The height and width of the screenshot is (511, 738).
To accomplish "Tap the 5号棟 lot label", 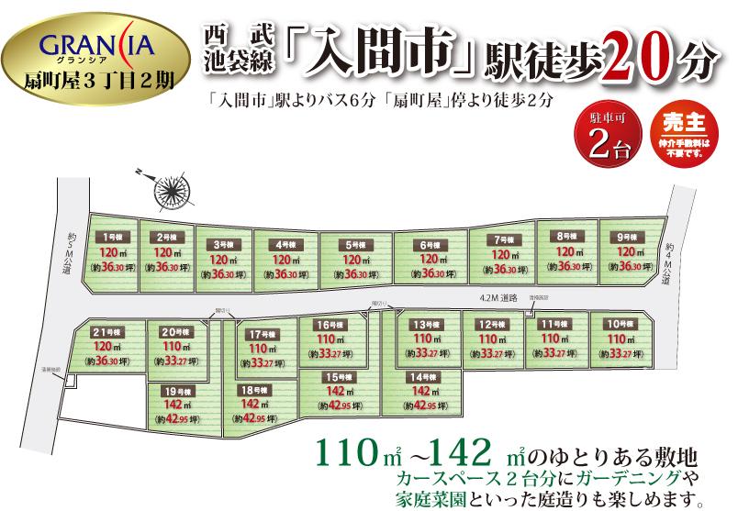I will pos(353,245).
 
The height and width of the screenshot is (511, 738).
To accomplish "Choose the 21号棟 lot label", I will pos(108,330).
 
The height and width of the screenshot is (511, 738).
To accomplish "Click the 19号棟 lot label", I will pos(173,391).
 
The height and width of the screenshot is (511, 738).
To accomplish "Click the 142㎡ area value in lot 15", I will pos(339,391).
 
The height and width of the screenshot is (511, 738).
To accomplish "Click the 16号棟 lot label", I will pos(330,325).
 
